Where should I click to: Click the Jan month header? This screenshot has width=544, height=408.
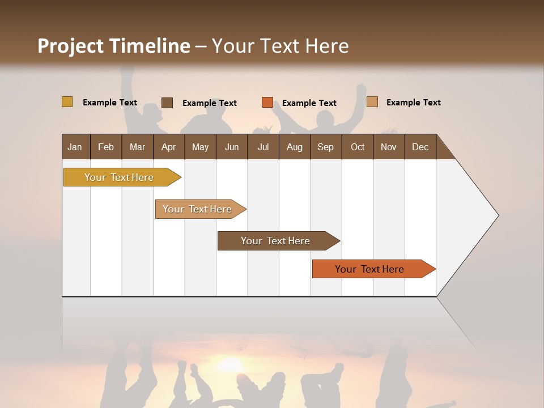coord(75,147)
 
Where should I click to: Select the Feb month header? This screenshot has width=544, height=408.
coord(106,147)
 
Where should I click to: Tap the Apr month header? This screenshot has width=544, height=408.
coord(168,147)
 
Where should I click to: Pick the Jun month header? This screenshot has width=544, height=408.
coord(232,147)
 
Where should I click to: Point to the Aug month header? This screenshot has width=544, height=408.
coord(294,147)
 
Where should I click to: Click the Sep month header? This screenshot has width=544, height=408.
coord(325,147)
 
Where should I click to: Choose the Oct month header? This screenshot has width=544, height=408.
coord(358,147)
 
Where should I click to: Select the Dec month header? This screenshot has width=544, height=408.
coord(420,147)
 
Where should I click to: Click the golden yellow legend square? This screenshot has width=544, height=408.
coord(67,102)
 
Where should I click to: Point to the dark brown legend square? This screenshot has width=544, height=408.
coord(167,103)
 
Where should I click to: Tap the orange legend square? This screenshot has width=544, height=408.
coord(267,103)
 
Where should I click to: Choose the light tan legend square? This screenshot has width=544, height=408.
coord(372,102)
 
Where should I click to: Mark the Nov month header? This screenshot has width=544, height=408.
coord(389,147)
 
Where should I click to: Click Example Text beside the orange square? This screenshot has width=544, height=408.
coord(309,103)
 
